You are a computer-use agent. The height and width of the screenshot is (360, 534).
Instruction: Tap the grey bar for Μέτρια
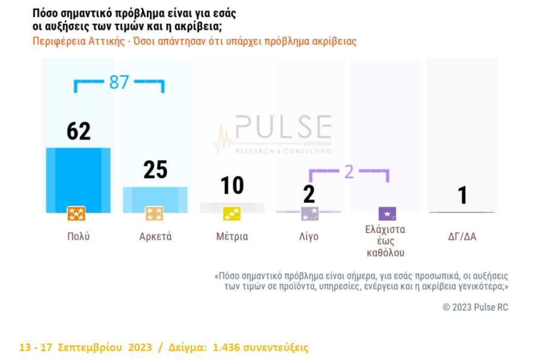click(232, 207)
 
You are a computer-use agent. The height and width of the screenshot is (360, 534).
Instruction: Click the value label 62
click(78, 131)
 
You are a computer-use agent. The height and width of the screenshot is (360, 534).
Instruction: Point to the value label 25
click(155, 170)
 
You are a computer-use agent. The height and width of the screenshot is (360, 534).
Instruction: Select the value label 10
click(232, 185)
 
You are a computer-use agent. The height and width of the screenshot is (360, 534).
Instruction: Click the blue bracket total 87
click(119, 83)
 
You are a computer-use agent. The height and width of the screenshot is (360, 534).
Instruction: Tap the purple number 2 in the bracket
click(348, 172)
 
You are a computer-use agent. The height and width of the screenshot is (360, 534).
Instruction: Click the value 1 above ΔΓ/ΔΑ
click(462, 195)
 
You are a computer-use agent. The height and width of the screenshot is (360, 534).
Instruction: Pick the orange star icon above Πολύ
click(76, 214)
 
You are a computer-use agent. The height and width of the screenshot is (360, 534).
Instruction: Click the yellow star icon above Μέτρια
click(232, 214)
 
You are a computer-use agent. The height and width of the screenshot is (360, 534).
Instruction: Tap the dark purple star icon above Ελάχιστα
click(387, 214)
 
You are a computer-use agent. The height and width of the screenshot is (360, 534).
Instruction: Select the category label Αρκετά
click(155, 237)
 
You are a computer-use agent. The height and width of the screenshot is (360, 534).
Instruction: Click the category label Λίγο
click(308, 237)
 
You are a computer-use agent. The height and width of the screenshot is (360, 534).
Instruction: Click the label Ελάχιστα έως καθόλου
click(385, 241)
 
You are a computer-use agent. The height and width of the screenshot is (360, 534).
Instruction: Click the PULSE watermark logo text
click(283, 128)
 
